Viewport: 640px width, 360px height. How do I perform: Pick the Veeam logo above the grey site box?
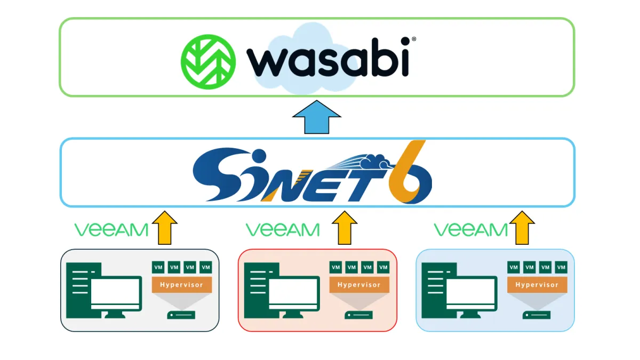[111, 230]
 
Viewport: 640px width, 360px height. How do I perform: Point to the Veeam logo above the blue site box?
[471, 230]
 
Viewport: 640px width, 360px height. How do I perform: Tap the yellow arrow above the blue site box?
[522, 228]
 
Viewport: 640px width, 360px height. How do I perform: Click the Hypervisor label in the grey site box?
[182, 285]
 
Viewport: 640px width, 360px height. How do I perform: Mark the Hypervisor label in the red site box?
[359, 285]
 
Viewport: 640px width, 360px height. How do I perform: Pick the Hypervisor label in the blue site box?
[537, 285]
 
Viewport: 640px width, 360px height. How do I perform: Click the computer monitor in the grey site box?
[116, 295]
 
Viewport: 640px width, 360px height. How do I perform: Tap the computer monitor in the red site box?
[293, 295]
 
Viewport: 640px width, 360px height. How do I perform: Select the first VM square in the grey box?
[158, 267]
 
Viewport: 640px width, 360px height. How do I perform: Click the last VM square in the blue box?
[561, 267]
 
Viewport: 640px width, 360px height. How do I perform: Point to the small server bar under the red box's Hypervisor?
[359, 315]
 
